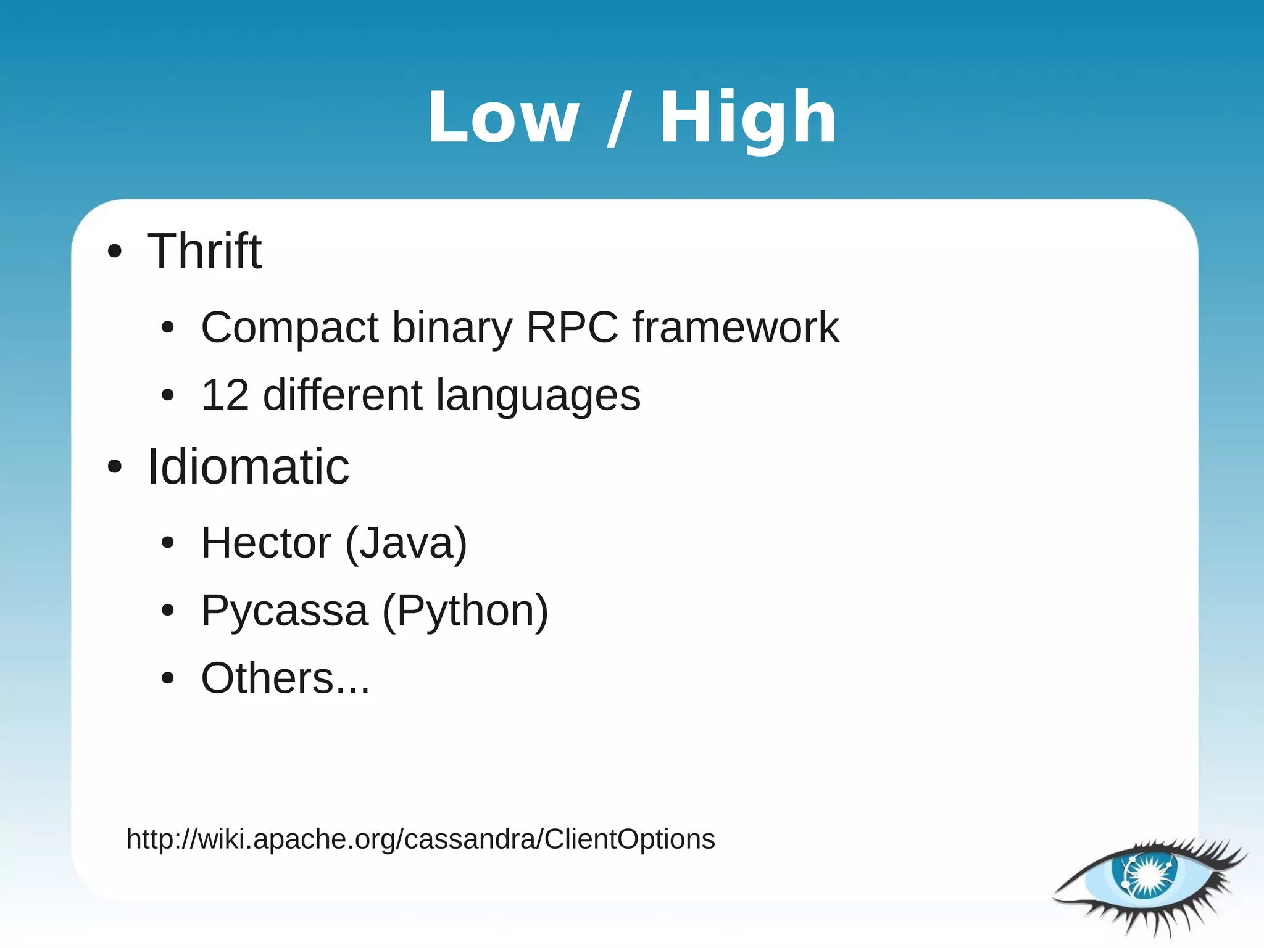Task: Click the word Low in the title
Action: pos(503,117)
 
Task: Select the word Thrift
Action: pos(204,251)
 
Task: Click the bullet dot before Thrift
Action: pos(115,252)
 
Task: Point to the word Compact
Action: pos(289,328)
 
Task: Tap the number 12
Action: pos(225,395)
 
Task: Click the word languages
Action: pos(538,396)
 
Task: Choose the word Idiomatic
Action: pos(248,467)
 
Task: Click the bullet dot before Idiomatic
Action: pos(115,467)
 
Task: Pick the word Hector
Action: pos(266,543)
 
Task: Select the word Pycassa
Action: pos(285,611)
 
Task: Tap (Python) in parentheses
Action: pos(465,611)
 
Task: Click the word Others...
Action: pos(268,678)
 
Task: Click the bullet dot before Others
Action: pos(168,678)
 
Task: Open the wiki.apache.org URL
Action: pos(420,839)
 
